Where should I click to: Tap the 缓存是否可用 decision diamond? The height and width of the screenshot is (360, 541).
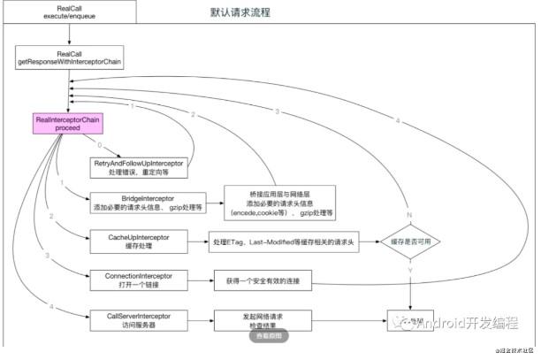412,241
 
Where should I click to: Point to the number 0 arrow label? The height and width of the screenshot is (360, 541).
102,144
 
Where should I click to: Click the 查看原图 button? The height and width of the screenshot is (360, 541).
270,336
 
